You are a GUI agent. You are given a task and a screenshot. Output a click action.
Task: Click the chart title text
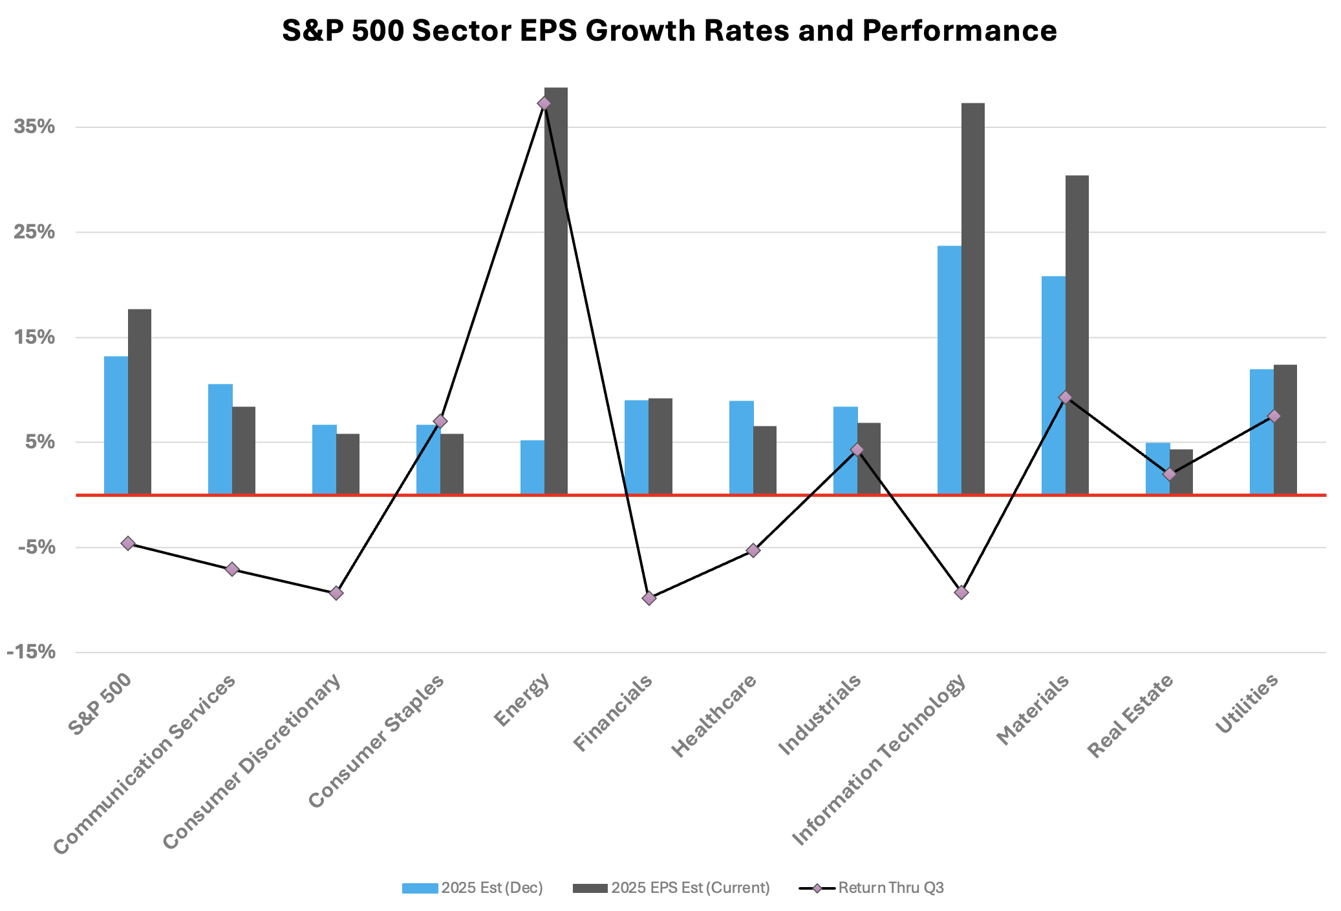click(669, 30)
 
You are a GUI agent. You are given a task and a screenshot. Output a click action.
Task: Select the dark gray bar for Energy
click(556, 291)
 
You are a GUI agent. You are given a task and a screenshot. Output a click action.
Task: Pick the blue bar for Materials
click(1053, 385)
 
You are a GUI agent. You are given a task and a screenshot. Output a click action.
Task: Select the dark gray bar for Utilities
click(1285, 429)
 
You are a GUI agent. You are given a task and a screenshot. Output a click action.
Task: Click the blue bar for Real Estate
click(1157, 468)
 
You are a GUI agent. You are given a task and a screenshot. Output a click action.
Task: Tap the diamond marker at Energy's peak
click(544, 103)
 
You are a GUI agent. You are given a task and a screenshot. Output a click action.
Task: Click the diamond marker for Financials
click(649, 598)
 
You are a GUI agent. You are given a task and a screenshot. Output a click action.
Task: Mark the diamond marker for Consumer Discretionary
click(336, 593)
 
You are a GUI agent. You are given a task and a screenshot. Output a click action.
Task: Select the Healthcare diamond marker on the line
click(753, 550)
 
